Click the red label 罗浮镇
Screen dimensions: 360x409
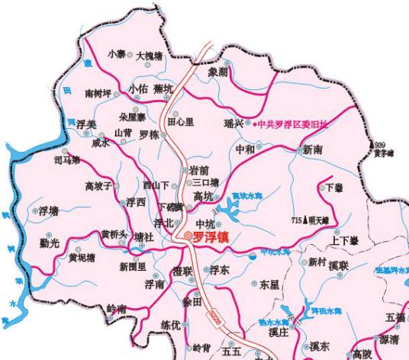coord(211,237)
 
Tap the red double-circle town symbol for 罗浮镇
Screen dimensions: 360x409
coord(186,236)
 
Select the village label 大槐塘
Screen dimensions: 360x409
coord(149,56)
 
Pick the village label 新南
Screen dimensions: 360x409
coord(313,149)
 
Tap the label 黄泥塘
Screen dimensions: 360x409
coord(82,258)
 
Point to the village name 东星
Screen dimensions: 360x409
coord(269,284)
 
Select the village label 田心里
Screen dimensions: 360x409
coord(181,121)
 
